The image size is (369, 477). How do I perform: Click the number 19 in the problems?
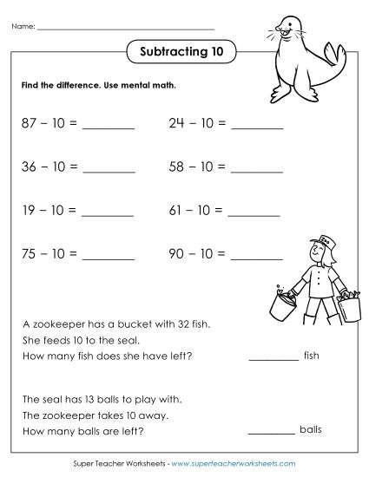coord(29,209)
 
